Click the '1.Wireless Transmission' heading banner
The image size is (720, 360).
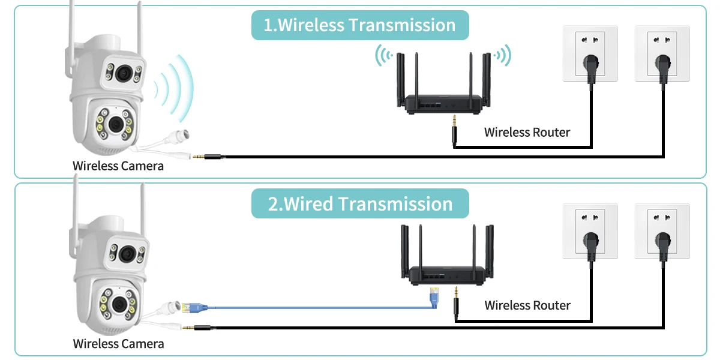(360, 25)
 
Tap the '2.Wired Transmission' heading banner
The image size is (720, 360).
(360, 203)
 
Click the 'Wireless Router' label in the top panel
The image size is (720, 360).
(527, 133)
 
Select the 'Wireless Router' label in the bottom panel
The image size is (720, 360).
(527, 305)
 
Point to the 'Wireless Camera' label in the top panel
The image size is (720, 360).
(118, 166)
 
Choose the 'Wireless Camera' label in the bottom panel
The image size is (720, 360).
(118, 344)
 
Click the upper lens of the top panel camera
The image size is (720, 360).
(124, 74)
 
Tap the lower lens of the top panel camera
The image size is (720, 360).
(116, 124)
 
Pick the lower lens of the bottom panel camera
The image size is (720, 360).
(119, 304)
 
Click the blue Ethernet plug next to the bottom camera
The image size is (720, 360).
(196, 308)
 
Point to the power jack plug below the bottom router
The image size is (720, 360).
(456, 304)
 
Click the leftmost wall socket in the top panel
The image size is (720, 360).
(590, 53)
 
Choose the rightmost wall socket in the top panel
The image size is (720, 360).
(662, 53)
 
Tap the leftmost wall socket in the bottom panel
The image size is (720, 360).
(590, 231)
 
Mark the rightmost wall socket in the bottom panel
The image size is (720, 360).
(662, 231)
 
